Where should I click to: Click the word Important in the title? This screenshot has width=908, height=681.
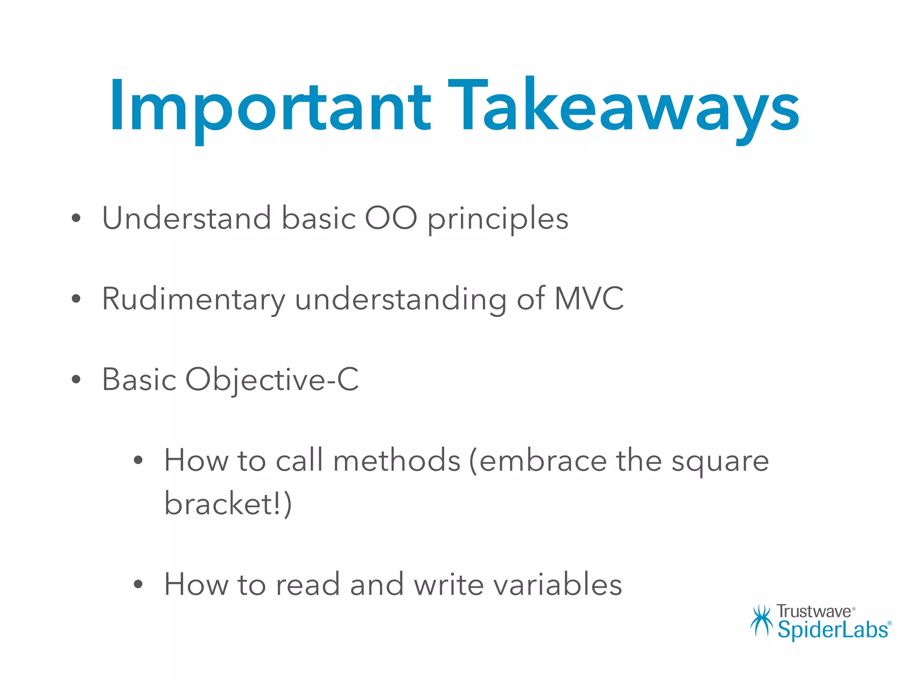(270, 106)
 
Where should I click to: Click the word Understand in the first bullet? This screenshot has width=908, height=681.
(186, 218)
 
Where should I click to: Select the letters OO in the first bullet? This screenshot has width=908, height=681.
(391, 218)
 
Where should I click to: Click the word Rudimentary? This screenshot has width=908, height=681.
(194, 299)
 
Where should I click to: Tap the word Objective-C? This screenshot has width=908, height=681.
(272, 380)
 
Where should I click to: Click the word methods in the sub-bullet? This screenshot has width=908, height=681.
(397, 460)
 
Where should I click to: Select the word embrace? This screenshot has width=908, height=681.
(542, 460)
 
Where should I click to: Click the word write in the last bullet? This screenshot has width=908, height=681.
(448, 584)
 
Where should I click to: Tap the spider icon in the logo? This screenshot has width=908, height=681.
(761, 621)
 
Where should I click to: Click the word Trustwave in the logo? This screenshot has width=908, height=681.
(814, 612)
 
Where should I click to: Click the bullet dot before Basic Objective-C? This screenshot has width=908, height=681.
(76, 380)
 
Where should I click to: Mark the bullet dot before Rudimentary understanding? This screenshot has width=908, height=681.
(76, 299)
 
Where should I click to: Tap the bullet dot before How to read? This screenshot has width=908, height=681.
(138, 585)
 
